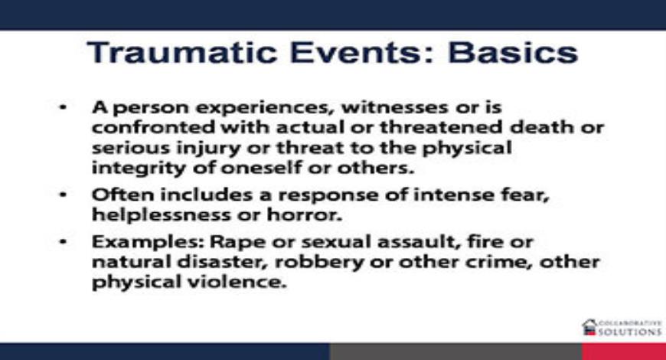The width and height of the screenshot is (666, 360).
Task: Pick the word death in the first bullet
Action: [544, 126]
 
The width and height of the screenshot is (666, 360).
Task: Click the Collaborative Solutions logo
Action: [621, 328]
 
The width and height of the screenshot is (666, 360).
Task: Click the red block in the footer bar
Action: [623, 352]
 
